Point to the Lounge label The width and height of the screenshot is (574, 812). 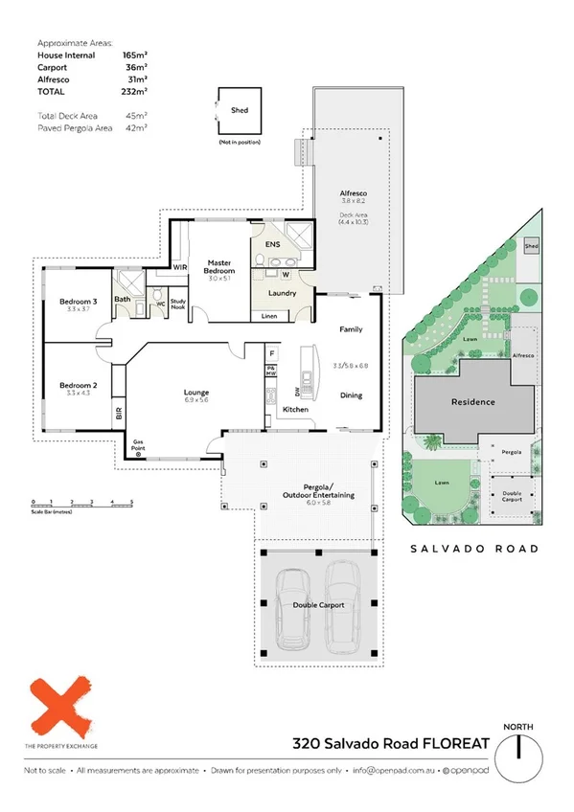click(197, 393)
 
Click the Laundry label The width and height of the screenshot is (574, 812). click(282, 293)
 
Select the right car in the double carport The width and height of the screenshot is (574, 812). click(340, 601)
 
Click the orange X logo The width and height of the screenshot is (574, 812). click(61, 706)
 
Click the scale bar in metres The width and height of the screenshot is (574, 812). click(81, 504)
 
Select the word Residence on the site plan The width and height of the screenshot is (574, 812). click(472, 402)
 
